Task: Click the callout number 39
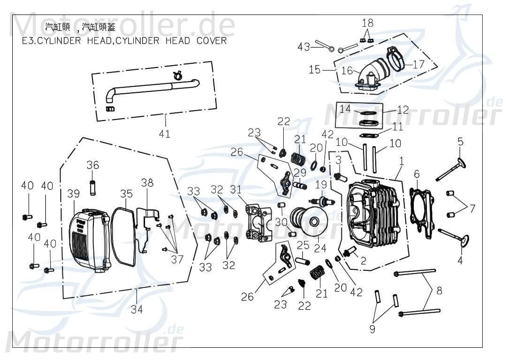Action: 73,194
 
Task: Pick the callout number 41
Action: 164,134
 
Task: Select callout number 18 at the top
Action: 367,22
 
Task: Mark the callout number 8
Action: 439,291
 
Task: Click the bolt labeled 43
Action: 324,46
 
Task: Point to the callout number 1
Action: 401,160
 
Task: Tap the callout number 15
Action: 314,69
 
